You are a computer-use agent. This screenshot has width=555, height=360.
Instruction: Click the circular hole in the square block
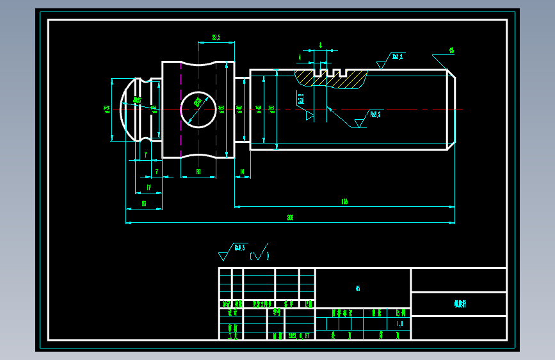coord(198,109)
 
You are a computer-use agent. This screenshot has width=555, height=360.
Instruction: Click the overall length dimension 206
coord(290,218)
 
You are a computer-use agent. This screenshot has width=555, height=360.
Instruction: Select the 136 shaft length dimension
coord(344,202)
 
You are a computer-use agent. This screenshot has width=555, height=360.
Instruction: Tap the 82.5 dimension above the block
coord(216,38)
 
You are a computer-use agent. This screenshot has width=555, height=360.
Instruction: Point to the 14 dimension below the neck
coord(242,172)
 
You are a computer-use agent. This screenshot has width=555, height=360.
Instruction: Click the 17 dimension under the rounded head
coord(149,187)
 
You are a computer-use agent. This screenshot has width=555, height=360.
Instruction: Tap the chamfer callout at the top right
coord(451,50)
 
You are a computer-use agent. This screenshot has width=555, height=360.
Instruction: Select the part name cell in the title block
coord(459,304)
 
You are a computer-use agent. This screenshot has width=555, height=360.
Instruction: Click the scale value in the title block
coord(400,324)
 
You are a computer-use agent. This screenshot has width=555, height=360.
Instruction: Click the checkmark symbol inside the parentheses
coord(259,254)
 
